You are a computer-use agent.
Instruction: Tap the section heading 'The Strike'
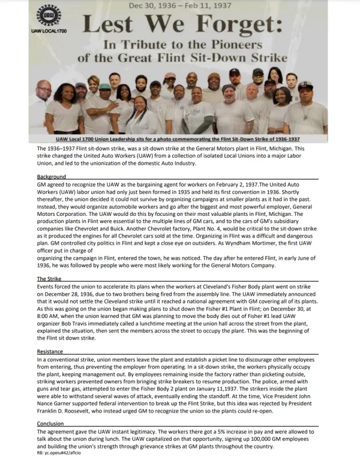pyautogui.click(x=49, y=278)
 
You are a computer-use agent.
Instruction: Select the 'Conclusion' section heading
pyautogui.click(x=51, y=423)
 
